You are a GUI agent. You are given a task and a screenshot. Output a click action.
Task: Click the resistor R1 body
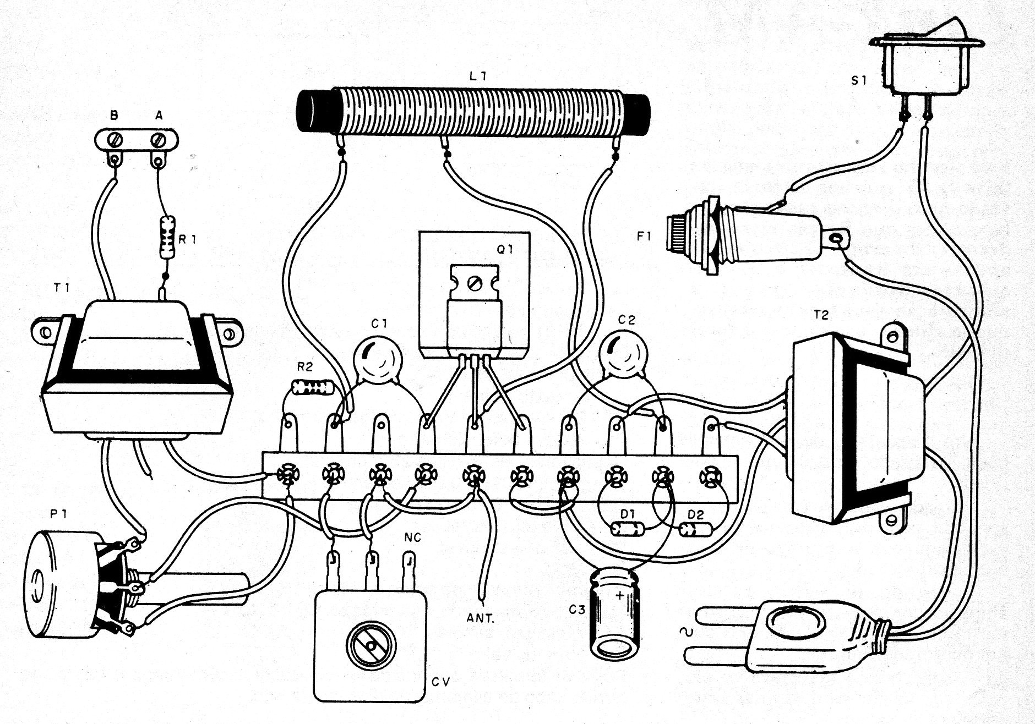click(x=167, y=237)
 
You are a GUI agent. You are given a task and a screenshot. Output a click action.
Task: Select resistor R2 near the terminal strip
click(x=314, y=388)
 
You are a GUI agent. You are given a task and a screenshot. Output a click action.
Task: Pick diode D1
click(x=627, y=529)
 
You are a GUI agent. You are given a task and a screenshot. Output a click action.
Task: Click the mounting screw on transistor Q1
click(x=473, y=284)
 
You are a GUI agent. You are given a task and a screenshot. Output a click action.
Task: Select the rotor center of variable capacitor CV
click(x=371, y=645)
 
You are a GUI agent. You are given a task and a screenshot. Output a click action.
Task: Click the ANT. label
click(x=481, y=618)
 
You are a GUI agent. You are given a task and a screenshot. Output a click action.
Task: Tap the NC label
click(x=412, y=537)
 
